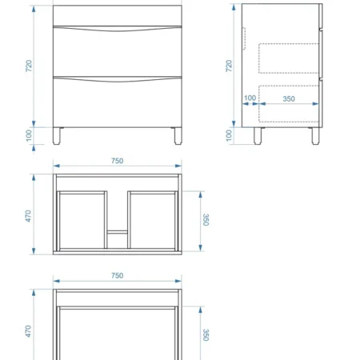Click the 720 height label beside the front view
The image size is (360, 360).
(29, 66)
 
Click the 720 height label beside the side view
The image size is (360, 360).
(229, 66)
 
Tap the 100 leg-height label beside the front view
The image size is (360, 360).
(29, 135)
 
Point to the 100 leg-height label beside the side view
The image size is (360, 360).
(229, 135)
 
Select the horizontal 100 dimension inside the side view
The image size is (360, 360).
(250, 98)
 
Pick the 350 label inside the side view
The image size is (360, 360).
(289, 98)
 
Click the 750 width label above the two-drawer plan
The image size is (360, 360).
(118, 161)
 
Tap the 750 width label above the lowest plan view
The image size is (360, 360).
(118, 275)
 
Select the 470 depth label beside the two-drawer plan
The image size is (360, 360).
(28, 216)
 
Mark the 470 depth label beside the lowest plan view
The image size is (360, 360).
(28, 331)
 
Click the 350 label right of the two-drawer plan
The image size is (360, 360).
(206, 220)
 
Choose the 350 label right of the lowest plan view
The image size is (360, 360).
(206, 335)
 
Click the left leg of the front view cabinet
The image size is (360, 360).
(57, 136)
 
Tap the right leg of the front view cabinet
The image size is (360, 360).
(178, 136)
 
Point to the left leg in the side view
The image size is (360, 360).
(258, 136)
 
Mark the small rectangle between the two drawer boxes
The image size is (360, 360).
(118, 231)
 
